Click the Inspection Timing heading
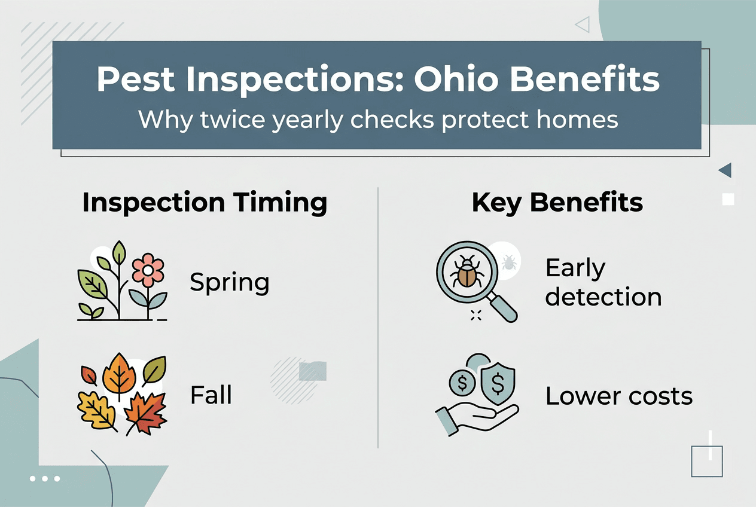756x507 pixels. (x=205, y=203)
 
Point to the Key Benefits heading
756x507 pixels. (x=557, y=203)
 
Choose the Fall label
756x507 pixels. (x=211, y=395)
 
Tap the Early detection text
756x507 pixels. (x=603, y=283)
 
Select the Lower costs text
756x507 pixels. (x=619, y=396)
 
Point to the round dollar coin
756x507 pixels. (x=462, y=381)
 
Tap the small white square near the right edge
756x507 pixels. (x=728, y=199)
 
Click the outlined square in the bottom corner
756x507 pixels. (x=706, y=461)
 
